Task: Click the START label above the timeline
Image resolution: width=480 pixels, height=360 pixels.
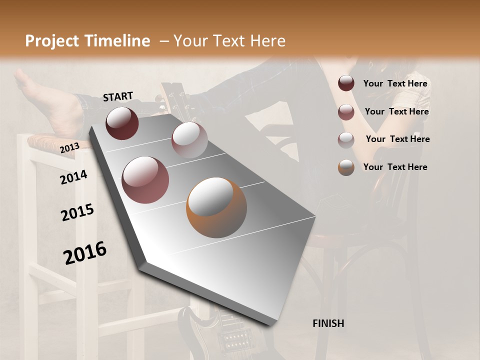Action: (x=118, y=96)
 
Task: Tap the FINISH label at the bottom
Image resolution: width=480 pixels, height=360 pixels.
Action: (x=328, y=323)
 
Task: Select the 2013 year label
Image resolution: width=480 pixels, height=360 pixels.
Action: (x=69, y=147)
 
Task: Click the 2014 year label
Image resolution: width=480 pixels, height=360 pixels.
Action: (x=73, y=177)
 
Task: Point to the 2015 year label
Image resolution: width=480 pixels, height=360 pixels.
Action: (x=77, y=212)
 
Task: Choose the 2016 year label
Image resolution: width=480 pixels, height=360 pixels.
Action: (x=85, y=252)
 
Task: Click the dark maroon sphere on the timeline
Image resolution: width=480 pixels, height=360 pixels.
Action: (x=122, y=123)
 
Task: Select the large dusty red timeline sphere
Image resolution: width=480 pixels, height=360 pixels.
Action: (x=145, y=179)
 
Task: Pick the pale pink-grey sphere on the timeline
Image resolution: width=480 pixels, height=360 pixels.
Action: (x=189, y=140)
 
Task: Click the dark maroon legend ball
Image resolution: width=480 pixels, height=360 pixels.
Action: (x=346, y=83)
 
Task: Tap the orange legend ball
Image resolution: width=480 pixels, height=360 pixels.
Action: (x=346, y=167)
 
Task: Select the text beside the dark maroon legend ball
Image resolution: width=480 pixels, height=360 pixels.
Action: (x=395, y=83)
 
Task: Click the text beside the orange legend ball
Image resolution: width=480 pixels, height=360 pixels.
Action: (x=395, y=167)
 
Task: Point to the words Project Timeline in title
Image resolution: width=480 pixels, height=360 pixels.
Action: (x=87, y=41)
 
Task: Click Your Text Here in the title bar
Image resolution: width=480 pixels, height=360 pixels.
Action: (x=229, y=41)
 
